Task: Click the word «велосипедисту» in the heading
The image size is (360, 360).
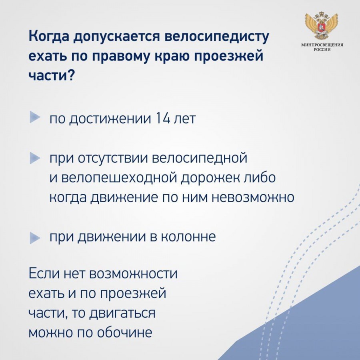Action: [216, 37]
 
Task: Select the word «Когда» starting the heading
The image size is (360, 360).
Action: [49, 36]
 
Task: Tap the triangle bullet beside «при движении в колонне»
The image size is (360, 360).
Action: [35, 238]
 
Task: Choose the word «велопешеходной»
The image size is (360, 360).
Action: [119, 178]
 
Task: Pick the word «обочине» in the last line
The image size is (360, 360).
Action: [124, 332]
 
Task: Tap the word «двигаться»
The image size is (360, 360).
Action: [122, 313]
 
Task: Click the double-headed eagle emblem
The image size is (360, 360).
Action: [322, 26]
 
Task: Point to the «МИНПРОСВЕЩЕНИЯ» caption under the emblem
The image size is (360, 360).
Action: [322, 45]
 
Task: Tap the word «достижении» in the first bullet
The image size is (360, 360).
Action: [110, 119]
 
